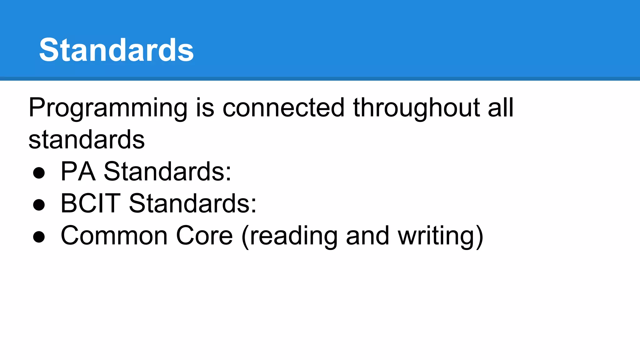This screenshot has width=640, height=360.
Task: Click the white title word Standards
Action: [x=116, y=50]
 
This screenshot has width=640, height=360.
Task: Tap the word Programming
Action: [x=108, y=108]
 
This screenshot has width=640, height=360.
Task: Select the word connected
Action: [x=283, y=108]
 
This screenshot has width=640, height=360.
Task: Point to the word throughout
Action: [x=416, y=108]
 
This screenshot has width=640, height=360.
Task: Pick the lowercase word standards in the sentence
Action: [x=87, y=139]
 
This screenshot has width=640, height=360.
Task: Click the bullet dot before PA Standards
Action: [x=39, y=172]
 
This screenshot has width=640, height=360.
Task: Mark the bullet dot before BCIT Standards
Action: [x=39, y=205]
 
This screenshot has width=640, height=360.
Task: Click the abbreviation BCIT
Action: [x=90, y=203]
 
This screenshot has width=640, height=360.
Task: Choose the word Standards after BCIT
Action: [x=190, y=203]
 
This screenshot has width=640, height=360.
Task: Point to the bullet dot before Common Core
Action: [x=39, y=237]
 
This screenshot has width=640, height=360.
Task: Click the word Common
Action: [x=114, y=236]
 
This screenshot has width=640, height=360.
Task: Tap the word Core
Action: [x=204, y=236]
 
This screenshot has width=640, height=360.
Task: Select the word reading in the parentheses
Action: [x=294, y=236]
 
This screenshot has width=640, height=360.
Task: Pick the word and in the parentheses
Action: [x=367, y=236]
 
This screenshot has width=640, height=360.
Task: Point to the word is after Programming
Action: [x=205, y=108]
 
